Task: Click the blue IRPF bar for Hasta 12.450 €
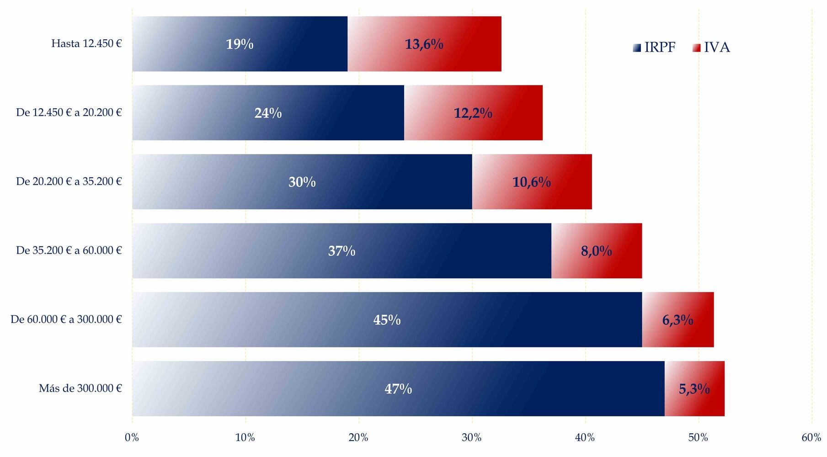point(240,44)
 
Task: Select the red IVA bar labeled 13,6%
point(424,44)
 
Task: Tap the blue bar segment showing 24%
point(268,113)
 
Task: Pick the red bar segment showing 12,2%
point(473,113)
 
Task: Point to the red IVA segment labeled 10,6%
point(532,182)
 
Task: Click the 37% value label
point(342,251)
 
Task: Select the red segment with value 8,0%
point(597,251)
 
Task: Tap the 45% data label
point(387,320)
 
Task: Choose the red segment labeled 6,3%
point(678,320)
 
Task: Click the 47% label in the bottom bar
point(398,389)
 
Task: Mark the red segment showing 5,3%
point(694,389)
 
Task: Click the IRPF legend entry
point(654,48)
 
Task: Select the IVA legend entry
point(711,48)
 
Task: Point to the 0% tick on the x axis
point(132,438)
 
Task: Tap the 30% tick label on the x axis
point(472,438)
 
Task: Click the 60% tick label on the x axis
point(811,438)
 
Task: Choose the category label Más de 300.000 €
point(80,388)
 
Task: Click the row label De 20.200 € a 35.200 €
point(69,181)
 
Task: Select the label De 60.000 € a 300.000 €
point(66,319)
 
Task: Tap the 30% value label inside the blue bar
point(302,182)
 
